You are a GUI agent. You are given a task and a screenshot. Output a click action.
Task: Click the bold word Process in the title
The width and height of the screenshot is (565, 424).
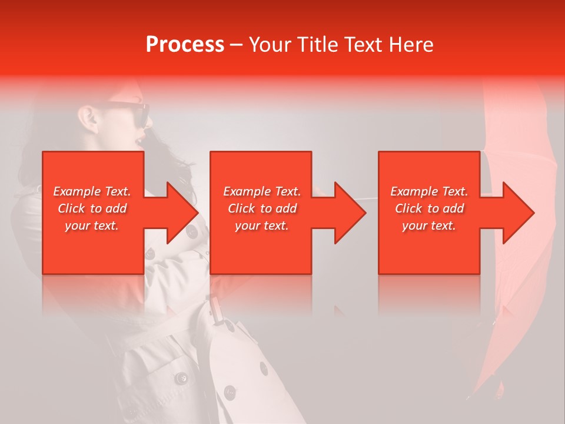[185, 45]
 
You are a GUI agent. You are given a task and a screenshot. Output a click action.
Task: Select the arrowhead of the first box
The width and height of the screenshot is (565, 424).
[181, 213]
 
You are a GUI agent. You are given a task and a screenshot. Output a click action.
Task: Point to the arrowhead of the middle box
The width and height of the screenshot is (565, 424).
[349, 213]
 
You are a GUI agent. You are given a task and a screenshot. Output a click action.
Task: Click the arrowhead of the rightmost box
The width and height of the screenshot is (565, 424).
[517, 213]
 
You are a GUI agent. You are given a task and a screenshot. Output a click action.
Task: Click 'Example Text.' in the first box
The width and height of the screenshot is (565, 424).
[92, 191]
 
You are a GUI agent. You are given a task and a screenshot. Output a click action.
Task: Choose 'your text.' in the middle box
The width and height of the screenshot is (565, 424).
[262, 226]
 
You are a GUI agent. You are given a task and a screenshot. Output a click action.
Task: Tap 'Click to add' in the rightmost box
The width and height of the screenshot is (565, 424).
[430, 208]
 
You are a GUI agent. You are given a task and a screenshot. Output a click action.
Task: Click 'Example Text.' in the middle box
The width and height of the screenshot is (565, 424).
[262, 191]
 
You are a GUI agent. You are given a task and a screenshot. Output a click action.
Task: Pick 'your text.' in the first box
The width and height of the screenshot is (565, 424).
[92, 226]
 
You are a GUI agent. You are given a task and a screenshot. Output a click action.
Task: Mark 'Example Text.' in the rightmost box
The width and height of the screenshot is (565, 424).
[430, 191]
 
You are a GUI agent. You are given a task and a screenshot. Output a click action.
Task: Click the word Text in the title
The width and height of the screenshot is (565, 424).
[363, 45]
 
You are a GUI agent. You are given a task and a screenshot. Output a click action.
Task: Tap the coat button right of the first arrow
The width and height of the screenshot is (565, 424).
[192, 233]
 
